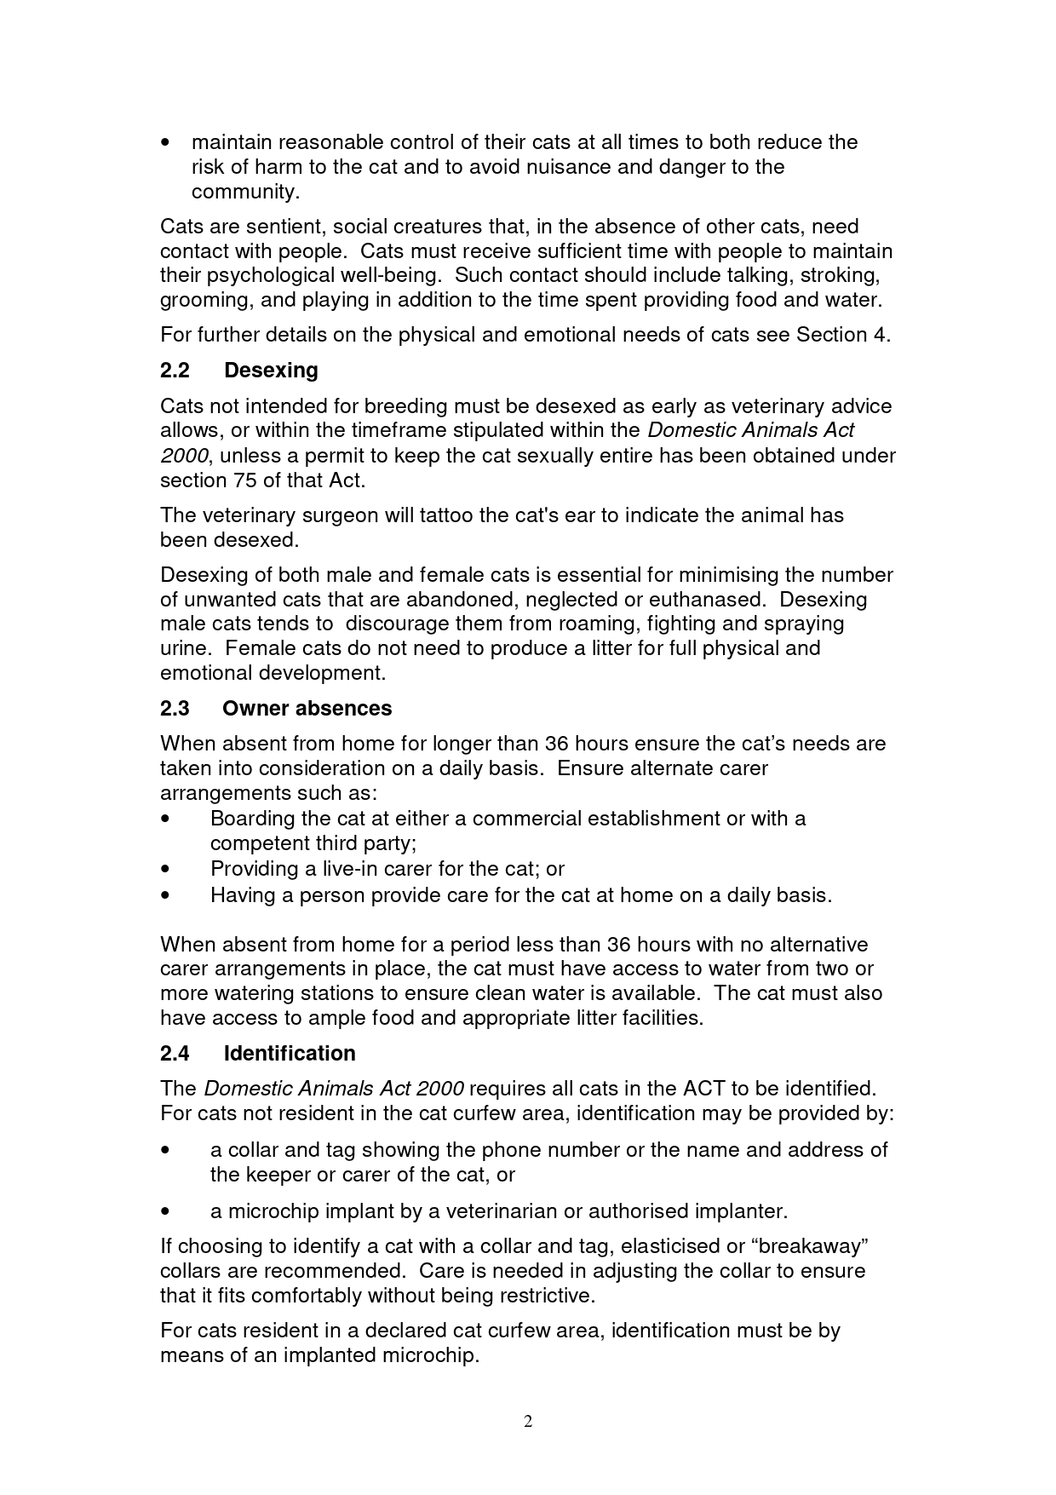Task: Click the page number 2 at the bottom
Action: [528, 1421]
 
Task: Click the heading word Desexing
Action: [271, 371]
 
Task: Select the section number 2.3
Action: [175, 709]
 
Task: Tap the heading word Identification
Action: [290, 1054]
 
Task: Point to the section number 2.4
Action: [175, 1054]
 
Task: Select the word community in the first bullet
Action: [244, 192]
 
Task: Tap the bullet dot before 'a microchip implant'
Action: [165, 1211]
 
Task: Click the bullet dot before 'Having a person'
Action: [165, 895]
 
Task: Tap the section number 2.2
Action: [175, 371]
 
